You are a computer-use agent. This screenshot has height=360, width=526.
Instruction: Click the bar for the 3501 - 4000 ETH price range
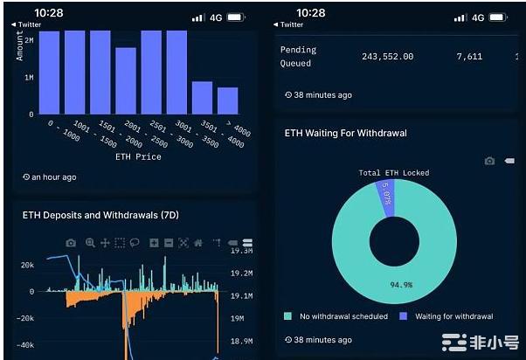202,97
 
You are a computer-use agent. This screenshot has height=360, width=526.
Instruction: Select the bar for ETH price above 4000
227,100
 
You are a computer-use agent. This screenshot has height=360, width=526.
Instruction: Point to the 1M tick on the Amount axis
29,78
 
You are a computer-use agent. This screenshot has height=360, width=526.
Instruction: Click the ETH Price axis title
138,157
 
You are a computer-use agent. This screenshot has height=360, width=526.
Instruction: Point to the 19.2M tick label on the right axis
241,273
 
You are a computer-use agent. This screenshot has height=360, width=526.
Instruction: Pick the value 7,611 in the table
469,57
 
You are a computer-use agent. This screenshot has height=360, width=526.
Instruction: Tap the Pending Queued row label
298,57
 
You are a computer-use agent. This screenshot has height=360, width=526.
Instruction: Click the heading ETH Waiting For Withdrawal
346,134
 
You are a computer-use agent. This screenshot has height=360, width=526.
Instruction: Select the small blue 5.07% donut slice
386,194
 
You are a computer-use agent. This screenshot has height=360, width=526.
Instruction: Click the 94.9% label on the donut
401,285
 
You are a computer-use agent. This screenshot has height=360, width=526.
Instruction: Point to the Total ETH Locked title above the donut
394,173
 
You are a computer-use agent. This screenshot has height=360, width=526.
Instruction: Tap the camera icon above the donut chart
489,162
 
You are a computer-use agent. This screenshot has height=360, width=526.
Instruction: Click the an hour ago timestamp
54,177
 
